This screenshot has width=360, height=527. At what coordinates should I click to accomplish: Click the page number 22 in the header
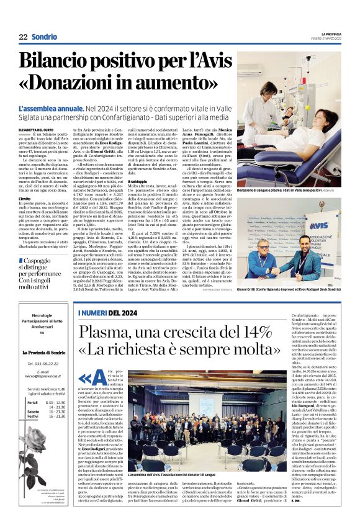[23, 37]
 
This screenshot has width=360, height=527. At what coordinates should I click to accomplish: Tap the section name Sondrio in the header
[44, 37]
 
